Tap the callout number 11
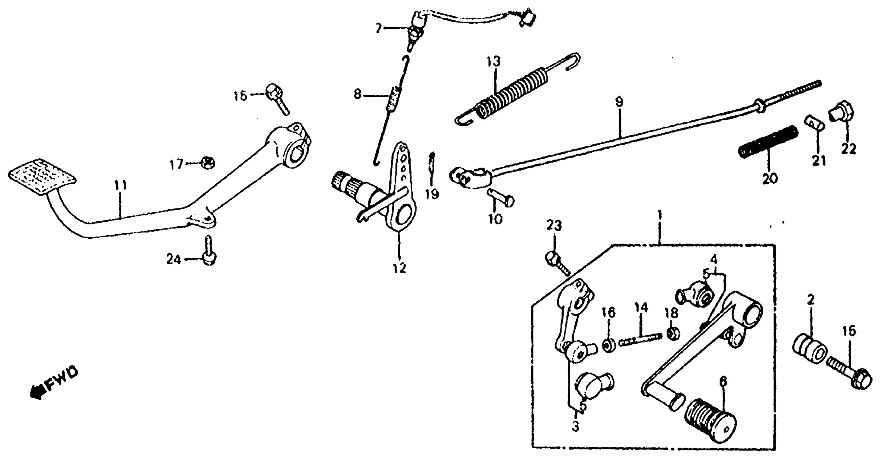120,185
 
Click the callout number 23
554,225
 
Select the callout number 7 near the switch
378,28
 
